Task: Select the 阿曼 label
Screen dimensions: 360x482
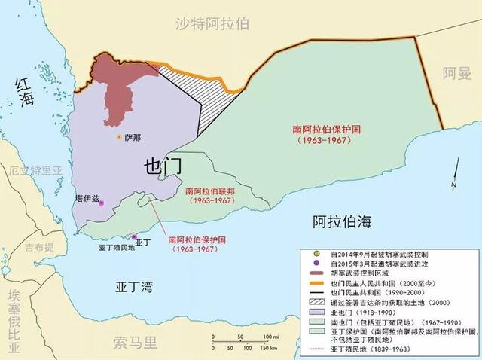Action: pos(456,75)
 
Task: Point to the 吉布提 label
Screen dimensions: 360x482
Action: pos(38,247)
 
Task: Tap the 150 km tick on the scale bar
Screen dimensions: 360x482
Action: pos(255,348)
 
